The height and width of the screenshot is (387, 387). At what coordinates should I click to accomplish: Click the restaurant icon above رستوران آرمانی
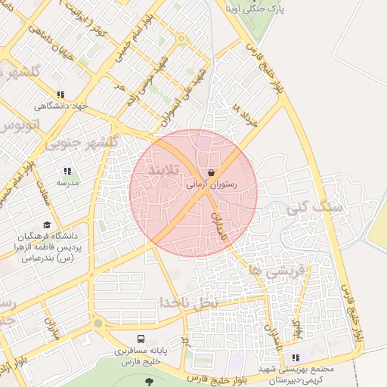pyautogui.click(x=210, y=173)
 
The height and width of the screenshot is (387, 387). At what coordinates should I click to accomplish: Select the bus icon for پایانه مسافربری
pyautogui.click(x=141, y=340)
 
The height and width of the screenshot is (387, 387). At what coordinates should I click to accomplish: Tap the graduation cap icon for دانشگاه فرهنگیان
pyautogui.click(x=48, y=224)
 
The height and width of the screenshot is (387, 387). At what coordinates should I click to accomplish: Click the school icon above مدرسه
pyautogui.click(x=67, y=171)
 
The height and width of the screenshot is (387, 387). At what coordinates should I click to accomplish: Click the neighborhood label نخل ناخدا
pyautogui.click(x=187, y=301)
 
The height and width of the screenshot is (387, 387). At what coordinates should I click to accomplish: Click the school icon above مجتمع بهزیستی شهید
pyautogui.click(x=296, y=358)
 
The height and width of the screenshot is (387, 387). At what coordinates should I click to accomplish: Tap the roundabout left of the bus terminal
pyautogui.click(x=98, y=324)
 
